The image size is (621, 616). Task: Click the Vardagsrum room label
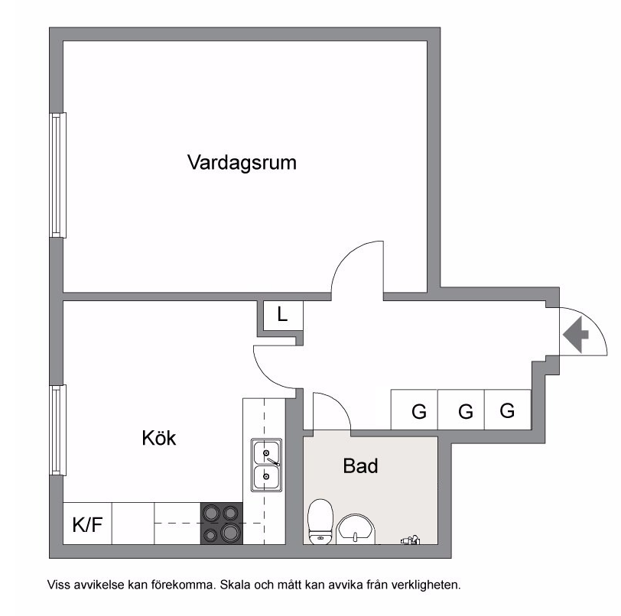242,163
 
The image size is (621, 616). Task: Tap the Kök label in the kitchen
159,438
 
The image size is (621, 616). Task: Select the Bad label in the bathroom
360,465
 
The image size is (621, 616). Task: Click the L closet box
283,316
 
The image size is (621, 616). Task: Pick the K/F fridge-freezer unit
87,524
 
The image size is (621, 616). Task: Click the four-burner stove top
221,524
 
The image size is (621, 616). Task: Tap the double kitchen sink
266,465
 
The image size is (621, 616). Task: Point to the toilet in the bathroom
320,521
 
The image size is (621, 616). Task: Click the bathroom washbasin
356,529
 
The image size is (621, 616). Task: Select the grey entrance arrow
576,335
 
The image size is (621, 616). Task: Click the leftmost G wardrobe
415,410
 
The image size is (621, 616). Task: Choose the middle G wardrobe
461,410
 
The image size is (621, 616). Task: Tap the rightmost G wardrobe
508,410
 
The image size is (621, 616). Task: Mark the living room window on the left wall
58,175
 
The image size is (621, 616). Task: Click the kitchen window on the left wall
58,430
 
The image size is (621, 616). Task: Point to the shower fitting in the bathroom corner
410,540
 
